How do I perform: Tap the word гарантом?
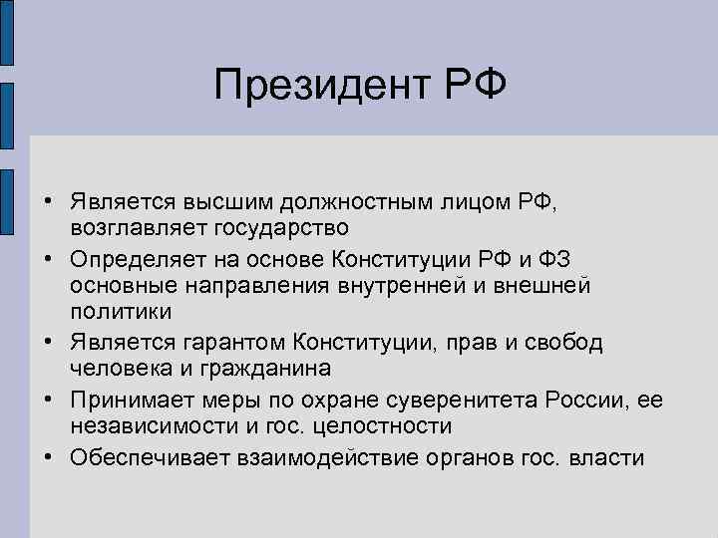[x=242, y=343]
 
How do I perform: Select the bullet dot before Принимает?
[x=48, y=401]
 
